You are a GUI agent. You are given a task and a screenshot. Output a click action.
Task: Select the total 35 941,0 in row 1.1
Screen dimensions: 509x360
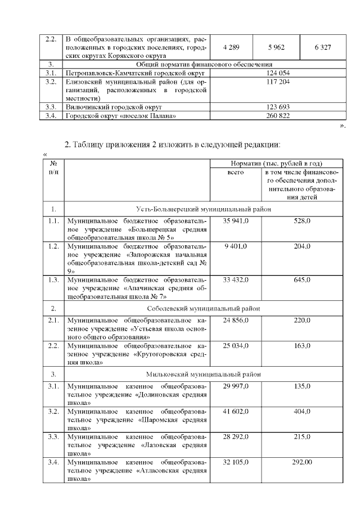[x=235, y=222]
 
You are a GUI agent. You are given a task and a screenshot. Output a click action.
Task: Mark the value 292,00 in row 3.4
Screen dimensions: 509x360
[x=302, y=461]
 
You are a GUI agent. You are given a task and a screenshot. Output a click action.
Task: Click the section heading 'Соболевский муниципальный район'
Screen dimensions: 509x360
[x=203, y=308]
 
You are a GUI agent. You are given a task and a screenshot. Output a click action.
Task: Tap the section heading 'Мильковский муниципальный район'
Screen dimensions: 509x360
[x=203, y=374]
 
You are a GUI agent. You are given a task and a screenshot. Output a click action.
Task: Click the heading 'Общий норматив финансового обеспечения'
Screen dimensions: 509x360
[x=203, y=65]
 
